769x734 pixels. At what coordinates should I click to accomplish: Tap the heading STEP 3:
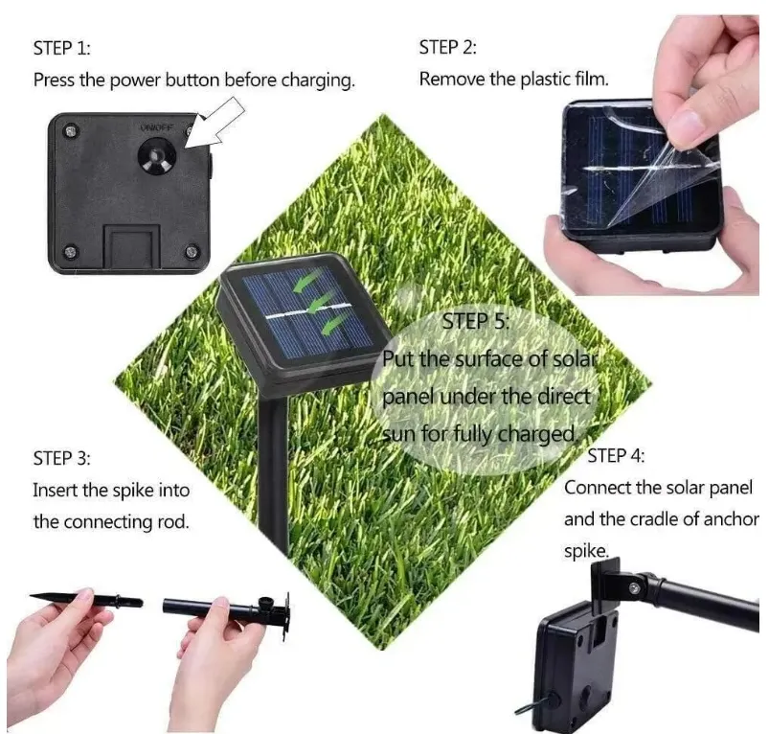pos(62,458)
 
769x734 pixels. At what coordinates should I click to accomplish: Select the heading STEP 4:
pos(616,455)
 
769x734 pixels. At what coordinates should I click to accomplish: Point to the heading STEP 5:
pos(475,322)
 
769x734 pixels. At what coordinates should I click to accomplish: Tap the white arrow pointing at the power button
pos(215,124)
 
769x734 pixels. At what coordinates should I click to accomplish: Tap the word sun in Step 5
pos(396,433)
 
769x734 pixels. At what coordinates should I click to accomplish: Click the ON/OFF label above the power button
pos(156,126)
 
